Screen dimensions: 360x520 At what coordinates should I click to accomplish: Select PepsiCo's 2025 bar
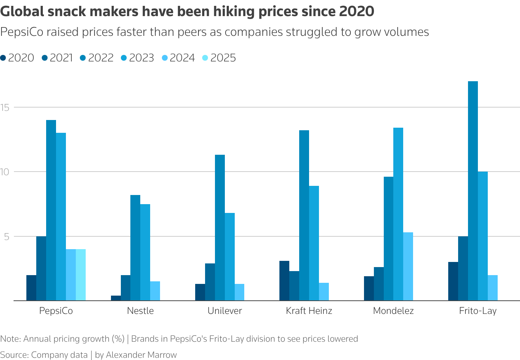81,275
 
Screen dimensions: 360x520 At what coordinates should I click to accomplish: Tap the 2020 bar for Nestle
116,298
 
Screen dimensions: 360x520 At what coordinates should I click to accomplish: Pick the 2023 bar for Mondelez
398,214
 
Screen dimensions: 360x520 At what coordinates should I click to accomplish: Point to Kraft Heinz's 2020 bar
284,281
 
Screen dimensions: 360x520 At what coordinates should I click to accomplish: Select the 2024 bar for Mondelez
408,266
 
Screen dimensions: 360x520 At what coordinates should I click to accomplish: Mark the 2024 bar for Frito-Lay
493,288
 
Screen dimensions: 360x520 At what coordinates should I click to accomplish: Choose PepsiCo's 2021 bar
41,268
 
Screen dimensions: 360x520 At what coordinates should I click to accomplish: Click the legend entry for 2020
17,58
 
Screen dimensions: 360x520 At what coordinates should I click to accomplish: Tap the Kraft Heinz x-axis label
309,311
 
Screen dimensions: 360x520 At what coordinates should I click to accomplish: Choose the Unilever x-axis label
224,311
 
